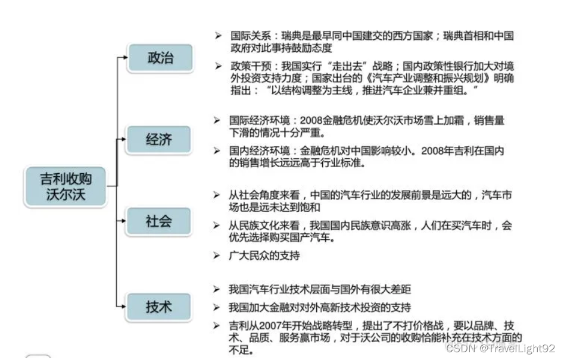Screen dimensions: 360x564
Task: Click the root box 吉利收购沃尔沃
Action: (65, 187)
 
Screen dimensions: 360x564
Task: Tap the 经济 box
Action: (159, 139)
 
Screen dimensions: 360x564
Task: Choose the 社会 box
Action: (159, 221)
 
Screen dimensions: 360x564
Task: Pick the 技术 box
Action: (159, 307)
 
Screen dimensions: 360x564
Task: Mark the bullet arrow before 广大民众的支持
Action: (217, 255)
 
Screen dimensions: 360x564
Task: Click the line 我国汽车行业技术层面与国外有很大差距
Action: (320, 289)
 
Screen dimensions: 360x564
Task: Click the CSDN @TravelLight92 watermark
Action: (500, 347)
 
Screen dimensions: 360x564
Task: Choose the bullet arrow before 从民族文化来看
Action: (217, 226)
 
